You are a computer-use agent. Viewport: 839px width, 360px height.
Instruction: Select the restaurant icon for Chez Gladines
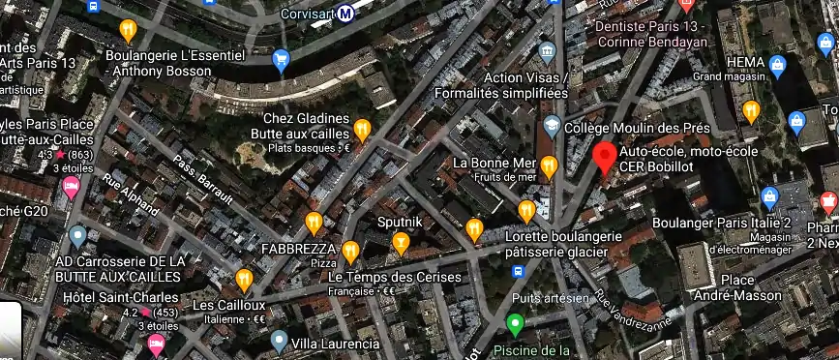(x=362, y=128)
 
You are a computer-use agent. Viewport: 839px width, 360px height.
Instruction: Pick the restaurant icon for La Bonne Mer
(x=549, y=165)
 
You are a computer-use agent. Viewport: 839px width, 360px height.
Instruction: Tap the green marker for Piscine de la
(x=515, y=323)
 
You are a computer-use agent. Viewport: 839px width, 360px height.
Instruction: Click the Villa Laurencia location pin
(x=279, y=340)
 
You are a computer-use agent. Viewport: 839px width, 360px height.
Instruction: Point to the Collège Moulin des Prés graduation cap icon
(x=552, y=127)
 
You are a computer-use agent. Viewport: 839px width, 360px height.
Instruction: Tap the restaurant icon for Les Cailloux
(x=243, y=279)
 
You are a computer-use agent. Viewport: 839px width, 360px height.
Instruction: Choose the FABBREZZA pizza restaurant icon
(x=314, y=223)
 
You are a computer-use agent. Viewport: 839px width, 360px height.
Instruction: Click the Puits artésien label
(x=551, y=298)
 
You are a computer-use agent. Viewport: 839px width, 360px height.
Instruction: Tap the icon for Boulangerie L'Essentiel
(x=128, y=31)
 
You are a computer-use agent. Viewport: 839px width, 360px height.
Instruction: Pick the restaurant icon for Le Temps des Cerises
(x=350, y=252)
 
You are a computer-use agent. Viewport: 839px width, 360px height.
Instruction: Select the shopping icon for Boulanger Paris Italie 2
(x=770, y=197)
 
